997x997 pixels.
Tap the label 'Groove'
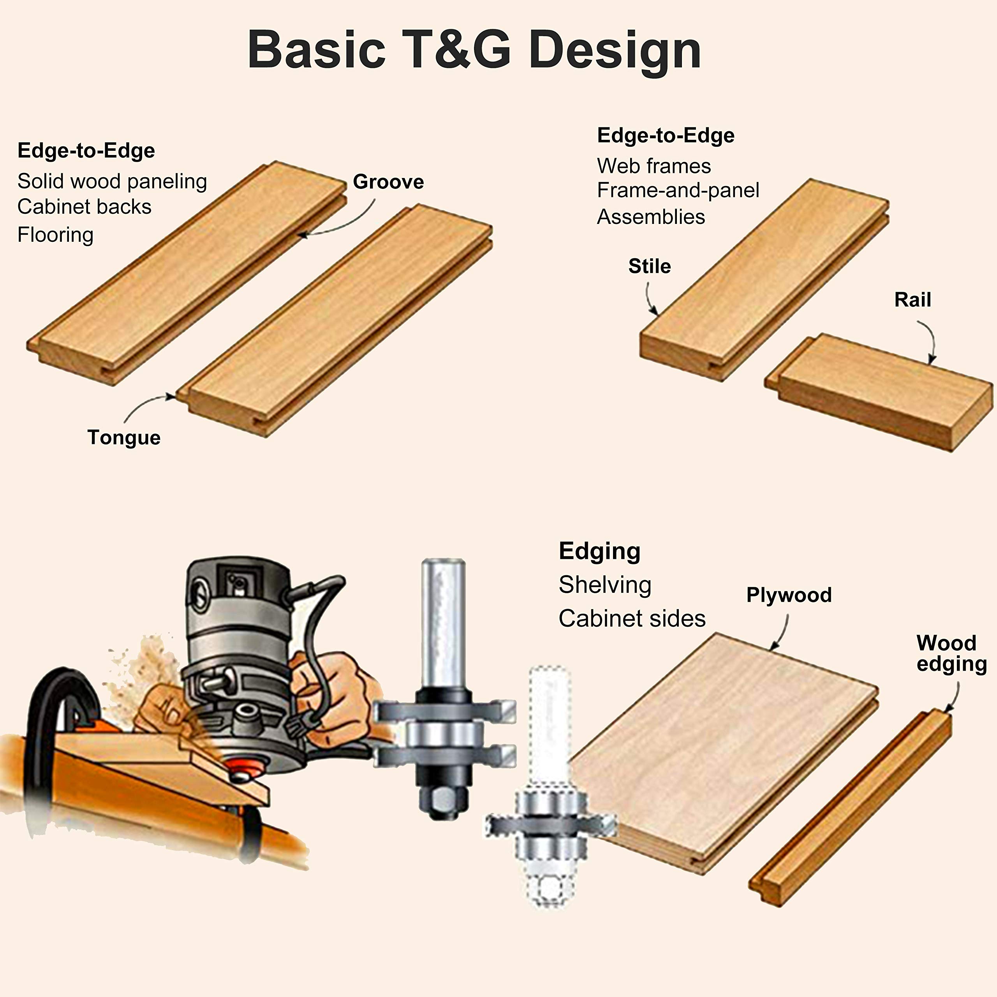point(388,181)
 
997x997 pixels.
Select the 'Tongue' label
point(124,438)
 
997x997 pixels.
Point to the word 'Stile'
point(649,266)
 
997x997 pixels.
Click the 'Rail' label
point(912,300)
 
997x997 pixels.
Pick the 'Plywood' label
point(789,595)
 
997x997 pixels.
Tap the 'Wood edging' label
point(951,654)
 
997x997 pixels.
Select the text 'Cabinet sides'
point(632,618)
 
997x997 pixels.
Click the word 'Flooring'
point(55,235)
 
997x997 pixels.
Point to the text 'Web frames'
point(654,166)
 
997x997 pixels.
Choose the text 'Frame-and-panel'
point(678,190)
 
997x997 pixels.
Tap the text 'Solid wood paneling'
point(112,181)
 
